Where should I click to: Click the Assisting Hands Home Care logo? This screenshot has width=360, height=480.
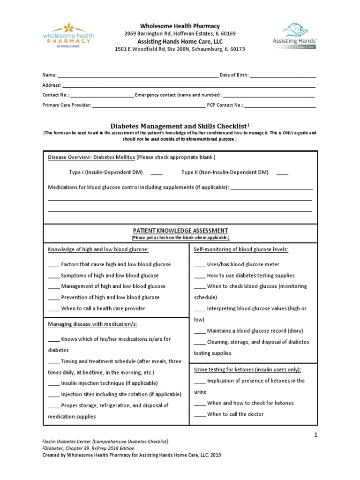pos(295,36)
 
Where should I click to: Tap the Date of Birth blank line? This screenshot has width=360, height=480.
pos(283,76)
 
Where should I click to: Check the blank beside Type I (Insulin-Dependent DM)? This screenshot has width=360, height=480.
pos(157,173)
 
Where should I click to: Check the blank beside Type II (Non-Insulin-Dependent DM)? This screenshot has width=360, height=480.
pos(282,173)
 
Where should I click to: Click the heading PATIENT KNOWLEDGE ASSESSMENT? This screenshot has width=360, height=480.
pos(180,231)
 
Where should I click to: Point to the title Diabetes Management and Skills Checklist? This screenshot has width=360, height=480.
pos(178,126)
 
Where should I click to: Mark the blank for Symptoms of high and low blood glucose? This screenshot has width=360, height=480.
pos(54,276)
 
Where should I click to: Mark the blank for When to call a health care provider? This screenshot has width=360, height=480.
pos(54,309)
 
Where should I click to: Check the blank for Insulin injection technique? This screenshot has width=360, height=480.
pos(54,384)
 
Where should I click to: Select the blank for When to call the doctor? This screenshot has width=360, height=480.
pos(200,415)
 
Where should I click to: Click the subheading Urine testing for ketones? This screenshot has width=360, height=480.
pos(247,370)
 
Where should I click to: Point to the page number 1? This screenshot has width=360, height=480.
pos(316,435)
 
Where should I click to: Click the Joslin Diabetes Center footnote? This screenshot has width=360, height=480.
pos(105,442)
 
